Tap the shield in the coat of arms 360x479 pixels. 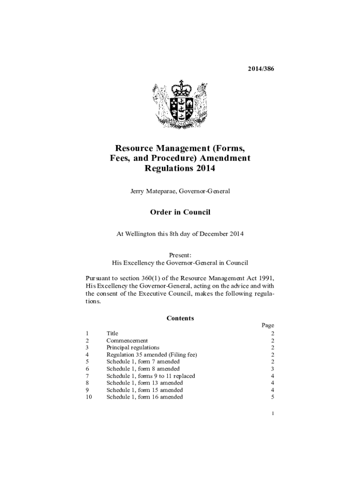(181, 109)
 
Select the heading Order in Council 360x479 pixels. (180, 212)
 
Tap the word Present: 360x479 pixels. (180, 255)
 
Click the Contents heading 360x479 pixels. (180, 319)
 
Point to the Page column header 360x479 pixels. (268, 326)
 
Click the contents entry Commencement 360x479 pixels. (127, 341)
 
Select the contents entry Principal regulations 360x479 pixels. (133, 348)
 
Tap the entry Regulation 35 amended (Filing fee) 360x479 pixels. (151, 355)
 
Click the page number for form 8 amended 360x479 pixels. (272, 369)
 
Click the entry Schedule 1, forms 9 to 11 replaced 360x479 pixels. (151, 376)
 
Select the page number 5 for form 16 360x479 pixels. (272, 397)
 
